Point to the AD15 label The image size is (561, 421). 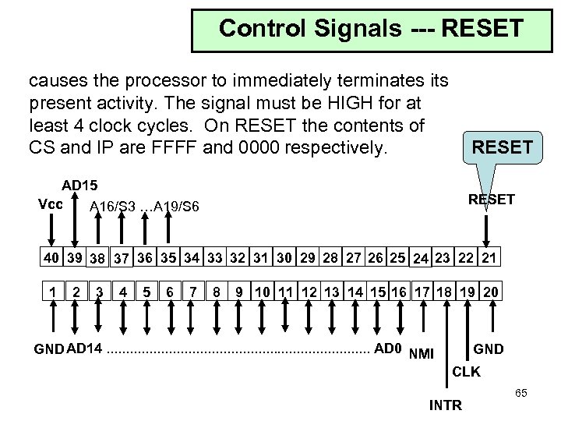[x=80, y=186]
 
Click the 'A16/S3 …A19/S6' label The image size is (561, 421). [x=144, y=207]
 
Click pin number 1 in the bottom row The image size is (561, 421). [x=51, y=292]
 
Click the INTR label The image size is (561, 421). [x=446, y=405]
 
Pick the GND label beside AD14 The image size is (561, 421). [x=50, y=347]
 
